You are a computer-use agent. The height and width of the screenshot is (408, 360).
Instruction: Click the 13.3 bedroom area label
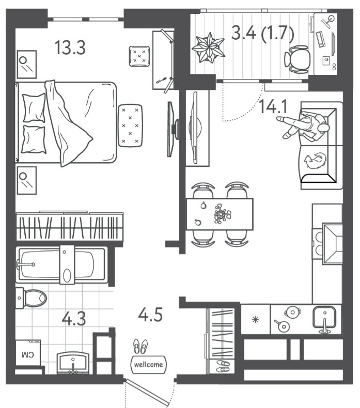(x=70, y=48)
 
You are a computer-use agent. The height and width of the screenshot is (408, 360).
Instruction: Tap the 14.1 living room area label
(x=273, y=107)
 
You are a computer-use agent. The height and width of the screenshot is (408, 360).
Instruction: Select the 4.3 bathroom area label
(x=74, y=319)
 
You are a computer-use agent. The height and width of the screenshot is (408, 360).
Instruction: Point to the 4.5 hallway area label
(x=150, y=315)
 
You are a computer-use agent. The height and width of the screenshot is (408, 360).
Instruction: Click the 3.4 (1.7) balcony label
(x=263, y=34)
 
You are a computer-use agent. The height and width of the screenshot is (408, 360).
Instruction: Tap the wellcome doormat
(x=148, y=364)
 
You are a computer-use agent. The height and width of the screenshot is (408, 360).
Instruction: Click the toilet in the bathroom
(x=31, y=298)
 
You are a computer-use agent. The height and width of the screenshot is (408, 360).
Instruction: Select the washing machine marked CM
(x=28, y=353)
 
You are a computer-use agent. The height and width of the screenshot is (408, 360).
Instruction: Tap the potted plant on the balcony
(x=208, y=48)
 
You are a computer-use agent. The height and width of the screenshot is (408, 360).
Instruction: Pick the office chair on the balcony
(x=297, y=59)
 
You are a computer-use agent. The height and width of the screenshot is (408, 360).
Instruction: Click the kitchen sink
(x=324, y=318)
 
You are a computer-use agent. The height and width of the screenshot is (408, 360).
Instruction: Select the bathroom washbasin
(x=73, y=363)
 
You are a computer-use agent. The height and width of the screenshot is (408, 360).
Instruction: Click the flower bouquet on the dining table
(x=223, y=214)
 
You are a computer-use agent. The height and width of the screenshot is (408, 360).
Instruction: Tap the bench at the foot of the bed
(x=130, y=125)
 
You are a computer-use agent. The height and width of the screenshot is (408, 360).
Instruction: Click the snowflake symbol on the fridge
(x=255, y=319)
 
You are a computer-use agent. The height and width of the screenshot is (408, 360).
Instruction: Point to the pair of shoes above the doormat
(x=140, y=347)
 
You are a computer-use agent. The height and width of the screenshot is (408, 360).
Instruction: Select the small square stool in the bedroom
(x=139, y=56)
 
